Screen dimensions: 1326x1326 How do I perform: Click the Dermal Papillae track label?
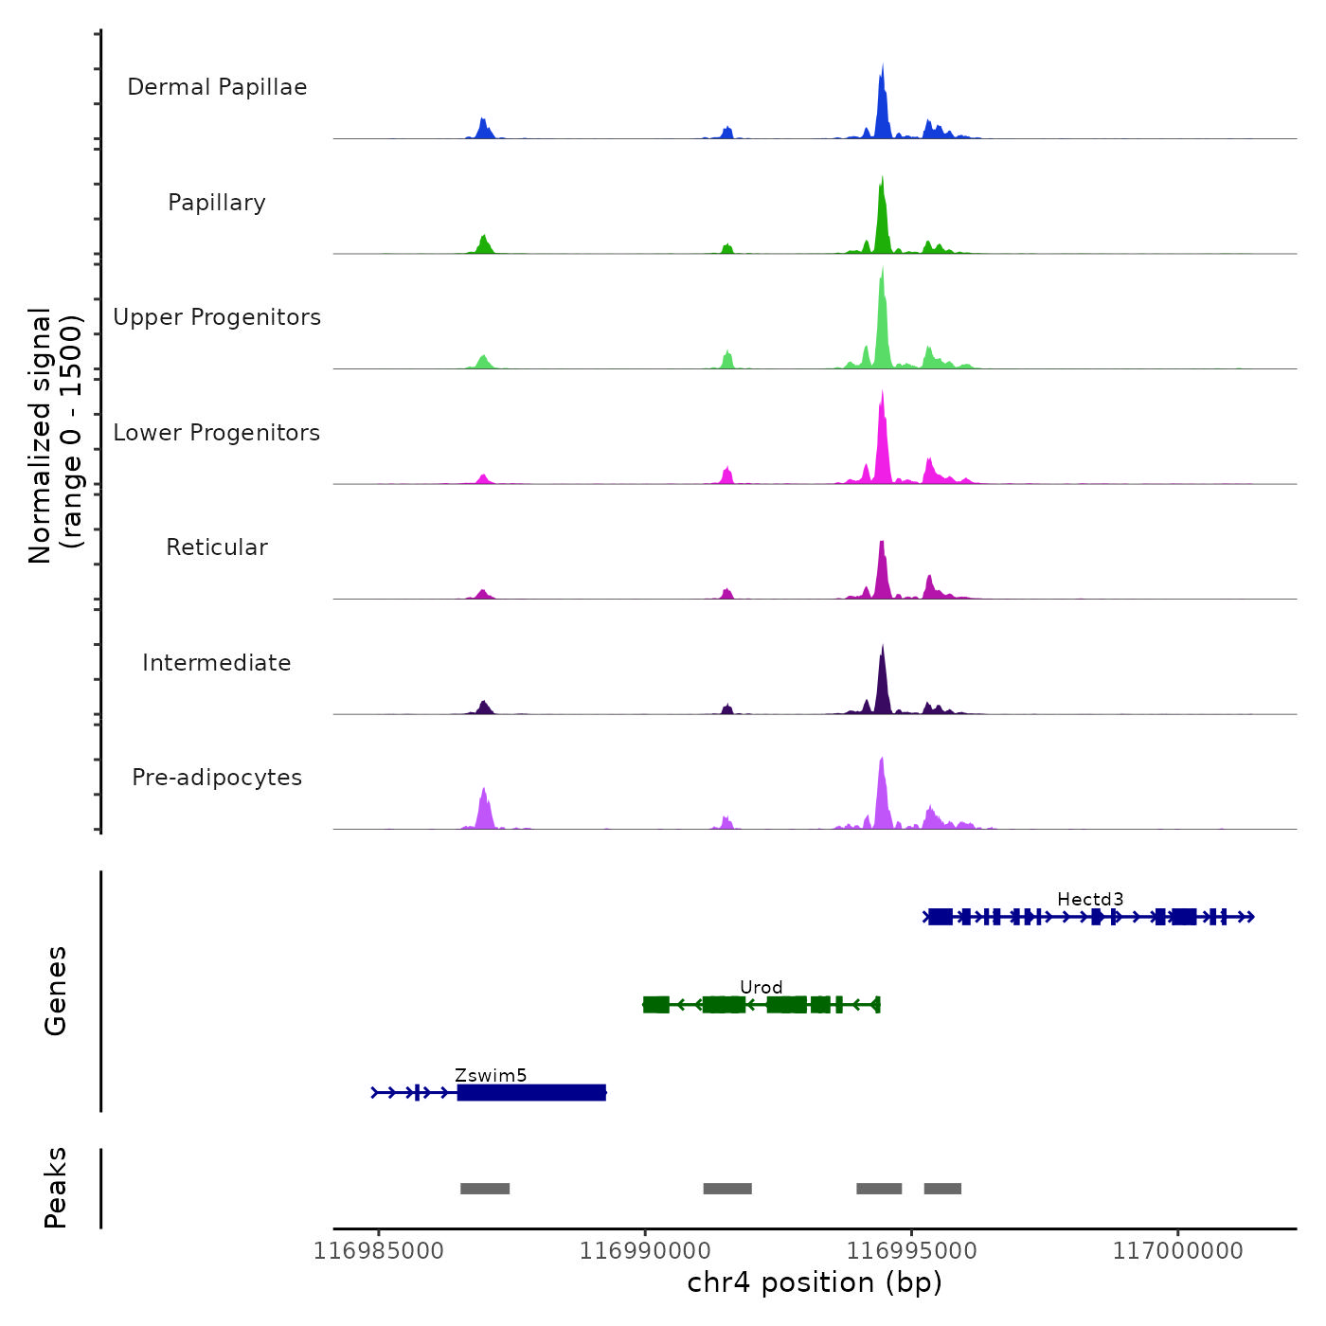(x=217, y=87)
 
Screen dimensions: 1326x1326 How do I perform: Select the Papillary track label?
(x=217, y=203)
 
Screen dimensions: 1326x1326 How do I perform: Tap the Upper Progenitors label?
(x=217, y=317)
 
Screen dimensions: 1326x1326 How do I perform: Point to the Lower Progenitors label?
(x=217, y=433)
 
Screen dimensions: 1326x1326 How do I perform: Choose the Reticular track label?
(x=217, y=547)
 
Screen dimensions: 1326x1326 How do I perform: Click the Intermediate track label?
(x=217, y=663)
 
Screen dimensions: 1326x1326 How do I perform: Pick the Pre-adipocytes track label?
(x=217, y=778)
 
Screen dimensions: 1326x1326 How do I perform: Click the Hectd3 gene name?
(x=1090, y=899)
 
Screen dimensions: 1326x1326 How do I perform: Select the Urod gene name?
(x=762, y=987)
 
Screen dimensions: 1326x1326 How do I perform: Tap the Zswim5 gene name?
(x=491, y=1075)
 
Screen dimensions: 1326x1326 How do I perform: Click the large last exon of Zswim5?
(x=531, y=1093)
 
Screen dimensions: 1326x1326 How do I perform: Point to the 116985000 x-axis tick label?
(x=379, y=1251)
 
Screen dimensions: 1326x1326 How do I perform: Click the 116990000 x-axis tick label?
(x=645, y=1251)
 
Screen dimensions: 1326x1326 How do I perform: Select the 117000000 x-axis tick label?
(x=1177, y=1251)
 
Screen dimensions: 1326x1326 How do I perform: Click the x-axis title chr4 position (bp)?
(x=815, y=1282)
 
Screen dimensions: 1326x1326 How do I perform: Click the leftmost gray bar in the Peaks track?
(x=485, y=1189)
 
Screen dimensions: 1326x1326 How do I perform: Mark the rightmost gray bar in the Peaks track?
(x=942, y=1189)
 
